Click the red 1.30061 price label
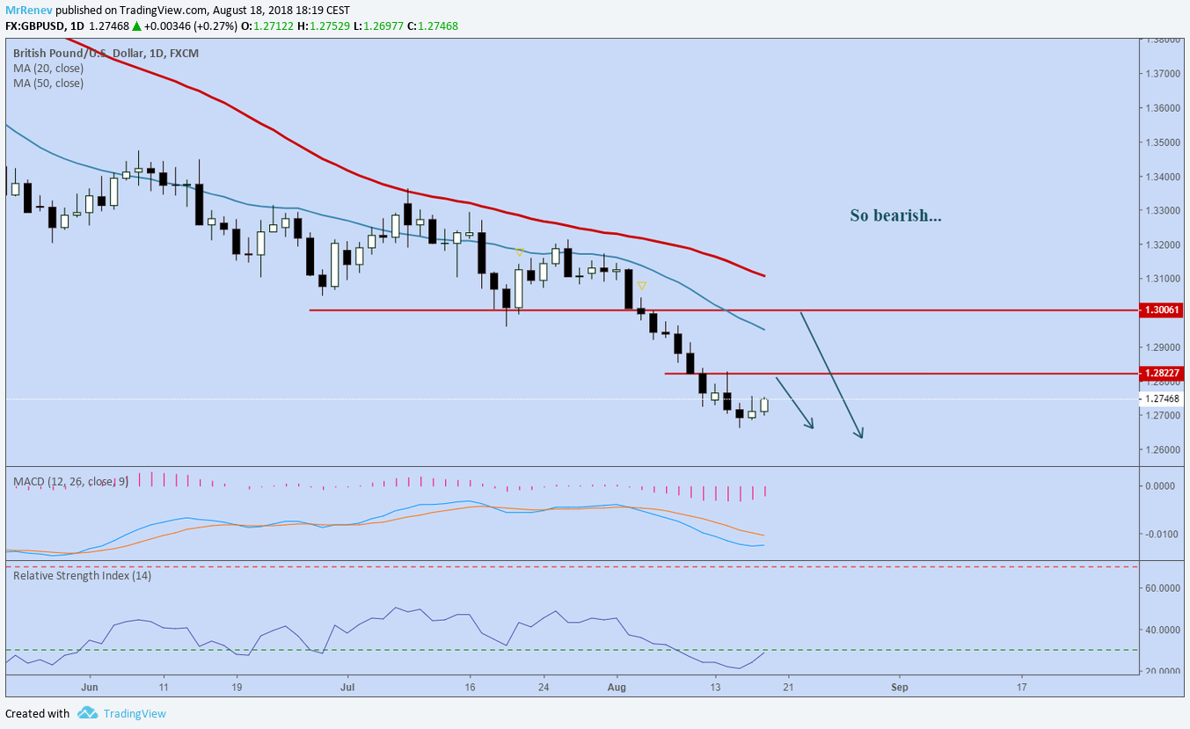click(x=1162, y=310)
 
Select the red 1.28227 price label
click(x=1162, y=374)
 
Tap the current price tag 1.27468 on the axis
click(x=1162, y=399)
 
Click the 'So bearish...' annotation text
click(x=895, y=215)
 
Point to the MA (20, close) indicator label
click(x=48, y=68)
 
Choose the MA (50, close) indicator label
click(x=48, y=84)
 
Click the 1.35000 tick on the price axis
click(x=1163, y=142)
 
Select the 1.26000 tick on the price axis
click(x=1163, y=449)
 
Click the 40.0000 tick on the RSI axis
click(x=1163, y=631)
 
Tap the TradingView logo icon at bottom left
click(x=87, y=713)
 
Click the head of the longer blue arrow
click(x=860, y=435)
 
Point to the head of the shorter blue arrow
click(x=811, y=426)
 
